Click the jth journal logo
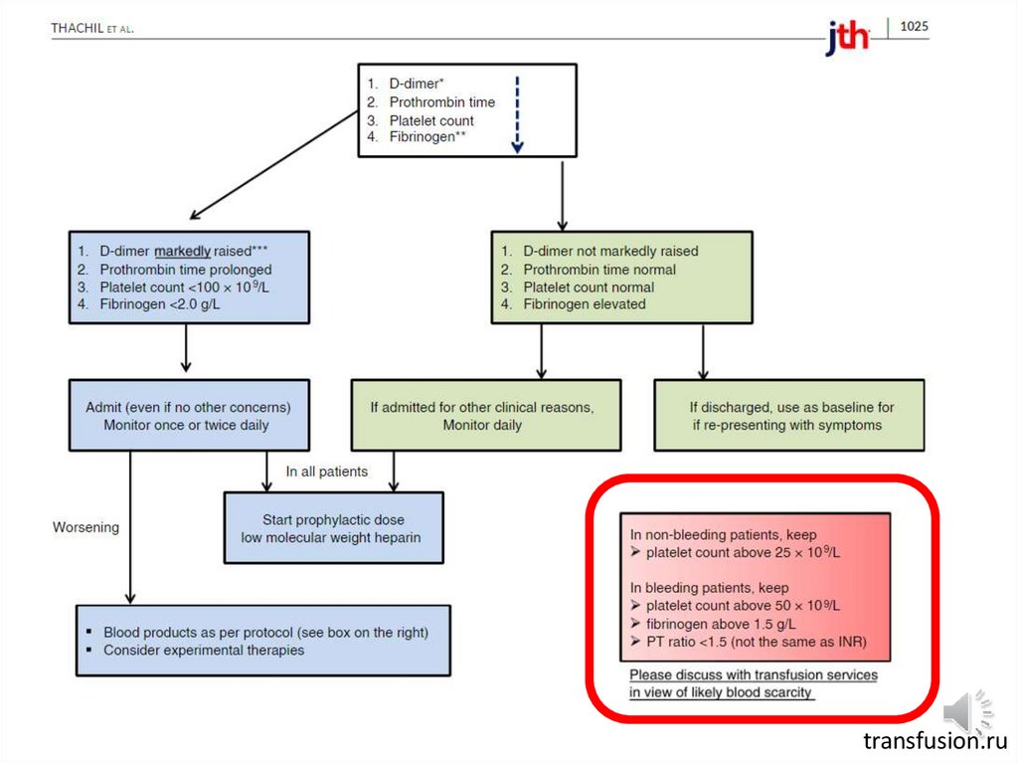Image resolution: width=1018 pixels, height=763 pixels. pyautogui.click(x=846, y=38)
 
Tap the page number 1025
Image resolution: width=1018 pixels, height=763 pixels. pyautogui.click(x=914, y=27)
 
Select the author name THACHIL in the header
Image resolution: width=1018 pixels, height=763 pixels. pyautogui.click(x=79, y=29)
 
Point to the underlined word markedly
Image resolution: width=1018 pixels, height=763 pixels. pyautogui.click(x=182, y=252)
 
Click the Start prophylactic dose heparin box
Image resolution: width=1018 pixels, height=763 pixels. pyautogui.click(x=333, y=528)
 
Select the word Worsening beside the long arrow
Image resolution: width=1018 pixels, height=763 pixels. pyautogui.click(x=85, y=527)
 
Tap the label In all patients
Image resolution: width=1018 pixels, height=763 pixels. pyautogui.click(x=326, y=472)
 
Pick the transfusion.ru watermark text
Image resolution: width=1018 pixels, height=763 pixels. pyautogui.click(x=934, y=741)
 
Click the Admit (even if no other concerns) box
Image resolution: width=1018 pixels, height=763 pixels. pyautogui.click(x=187, y=416)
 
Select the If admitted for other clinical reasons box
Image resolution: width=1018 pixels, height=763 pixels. pyautogui.click(x=482, y=416)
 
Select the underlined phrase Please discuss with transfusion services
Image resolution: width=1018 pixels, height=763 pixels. pyautogui.click(x=754, y=674)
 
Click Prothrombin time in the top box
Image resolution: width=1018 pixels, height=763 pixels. pyautogui.click(x=441, y=102)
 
